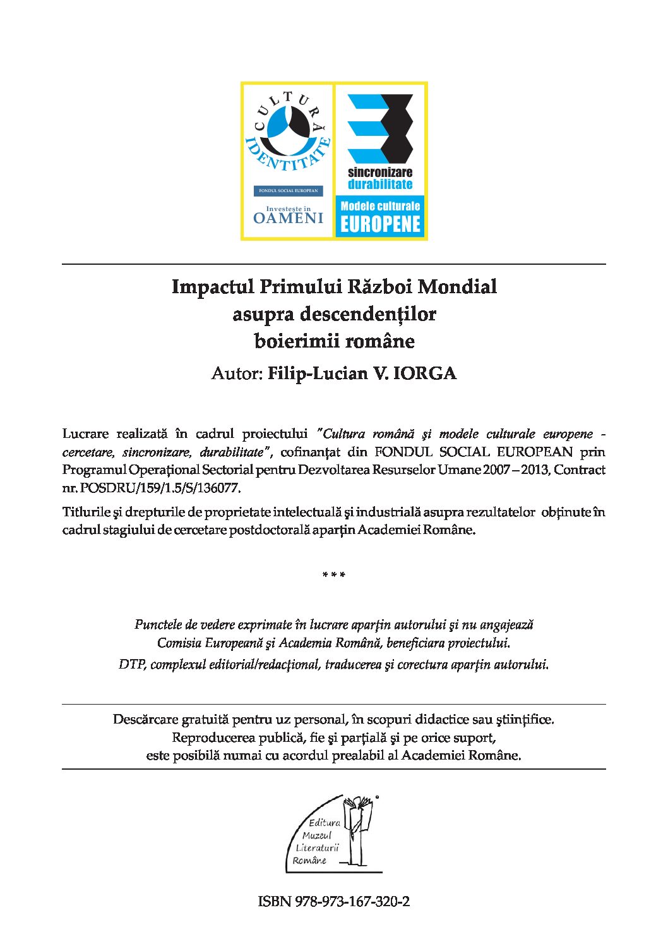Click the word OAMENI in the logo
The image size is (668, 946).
pyautogui.click(x=288, y=219)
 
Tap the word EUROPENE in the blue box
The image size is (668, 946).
pyautogui.click(x=380, y=224)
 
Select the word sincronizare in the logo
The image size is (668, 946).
pyautogui.click(x=380, y=173)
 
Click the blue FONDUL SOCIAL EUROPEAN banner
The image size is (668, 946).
pyautogui.click(x=288, y=191)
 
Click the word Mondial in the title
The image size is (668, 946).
pyautogui.click(x=457, y=287)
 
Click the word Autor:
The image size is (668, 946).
pyautogui.click(x=236, y=373)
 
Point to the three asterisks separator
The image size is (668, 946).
pyautogui.click(x=333, y=575)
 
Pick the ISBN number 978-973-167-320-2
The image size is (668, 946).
pyautogui.click(x=351, y=901)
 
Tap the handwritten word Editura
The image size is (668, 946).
pyautogui.click(x=325, y=823)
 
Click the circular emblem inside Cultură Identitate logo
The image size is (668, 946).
pyautogui.click(x=287, y=124)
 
